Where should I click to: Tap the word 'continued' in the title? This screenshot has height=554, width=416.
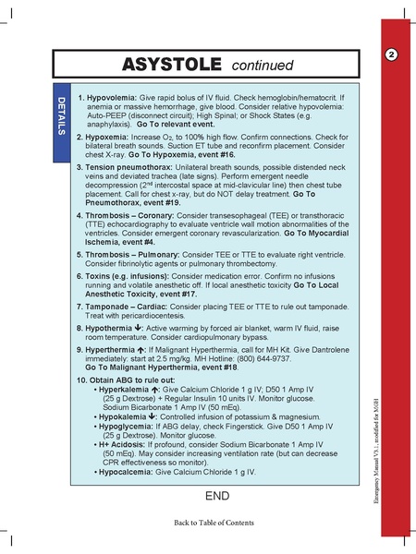(x=261, y=66)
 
